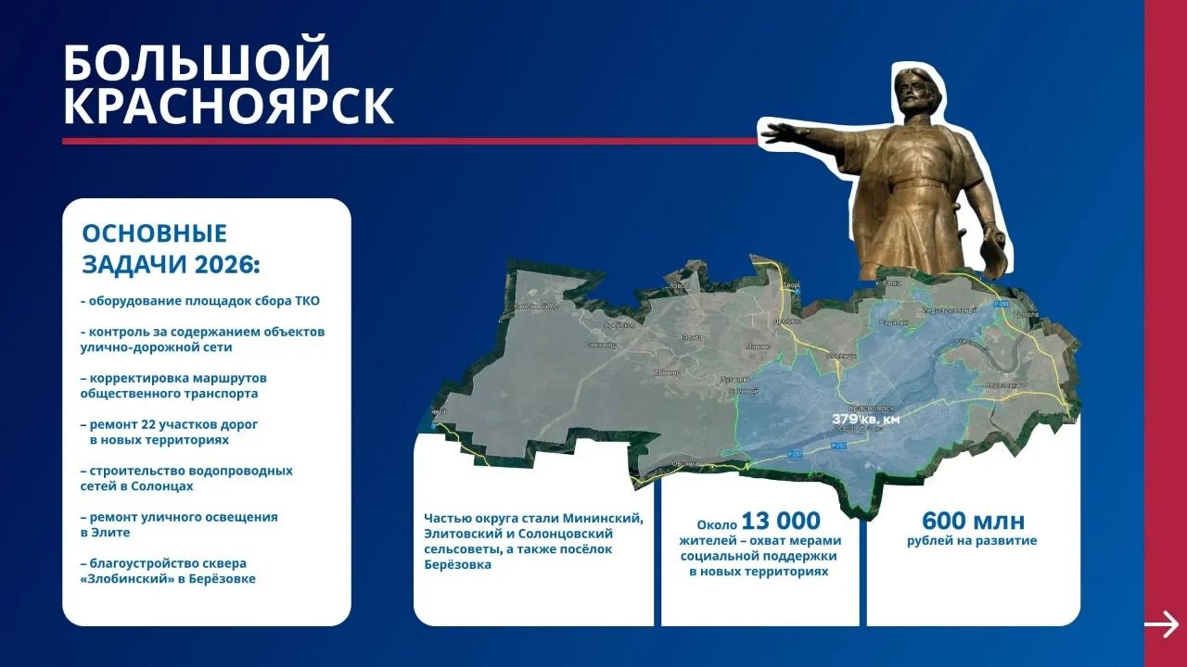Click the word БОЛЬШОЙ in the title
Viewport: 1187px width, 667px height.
click(x=197, y=63)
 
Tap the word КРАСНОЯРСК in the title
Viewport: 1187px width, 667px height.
click(x=228, y=107)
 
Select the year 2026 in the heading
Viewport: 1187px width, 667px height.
click(x=222, y=265)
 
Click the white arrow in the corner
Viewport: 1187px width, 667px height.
click(x=1161, y=624)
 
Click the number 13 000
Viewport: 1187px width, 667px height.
click(x=781, y=522)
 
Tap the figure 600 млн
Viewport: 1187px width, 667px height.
click(x=973, y=521)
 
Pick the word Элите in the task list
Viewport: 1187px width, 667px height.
click(x=110, y=532)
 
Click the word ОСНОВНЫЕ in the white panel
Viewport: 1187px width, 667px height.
click(x=154, y=233)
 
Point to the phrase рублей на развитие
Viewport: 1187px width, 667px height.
click(x=972, y=541)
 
